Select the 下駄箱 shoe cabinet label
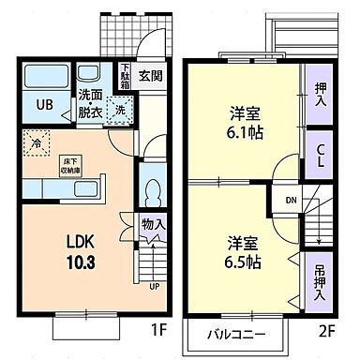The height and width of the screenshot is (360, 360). tap(126, 75)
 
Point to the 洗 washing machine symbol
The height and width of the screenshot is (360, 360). tap(120, 110)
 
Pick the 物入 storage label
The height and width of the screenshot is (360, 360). tap(154, 224)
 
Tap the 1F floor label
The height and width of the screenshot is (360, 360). tap(158, 331)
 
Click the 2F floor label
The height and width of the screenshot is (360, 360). tap(326, 331)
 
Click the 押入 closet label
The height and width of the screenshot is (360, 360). tap(318, 94)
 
